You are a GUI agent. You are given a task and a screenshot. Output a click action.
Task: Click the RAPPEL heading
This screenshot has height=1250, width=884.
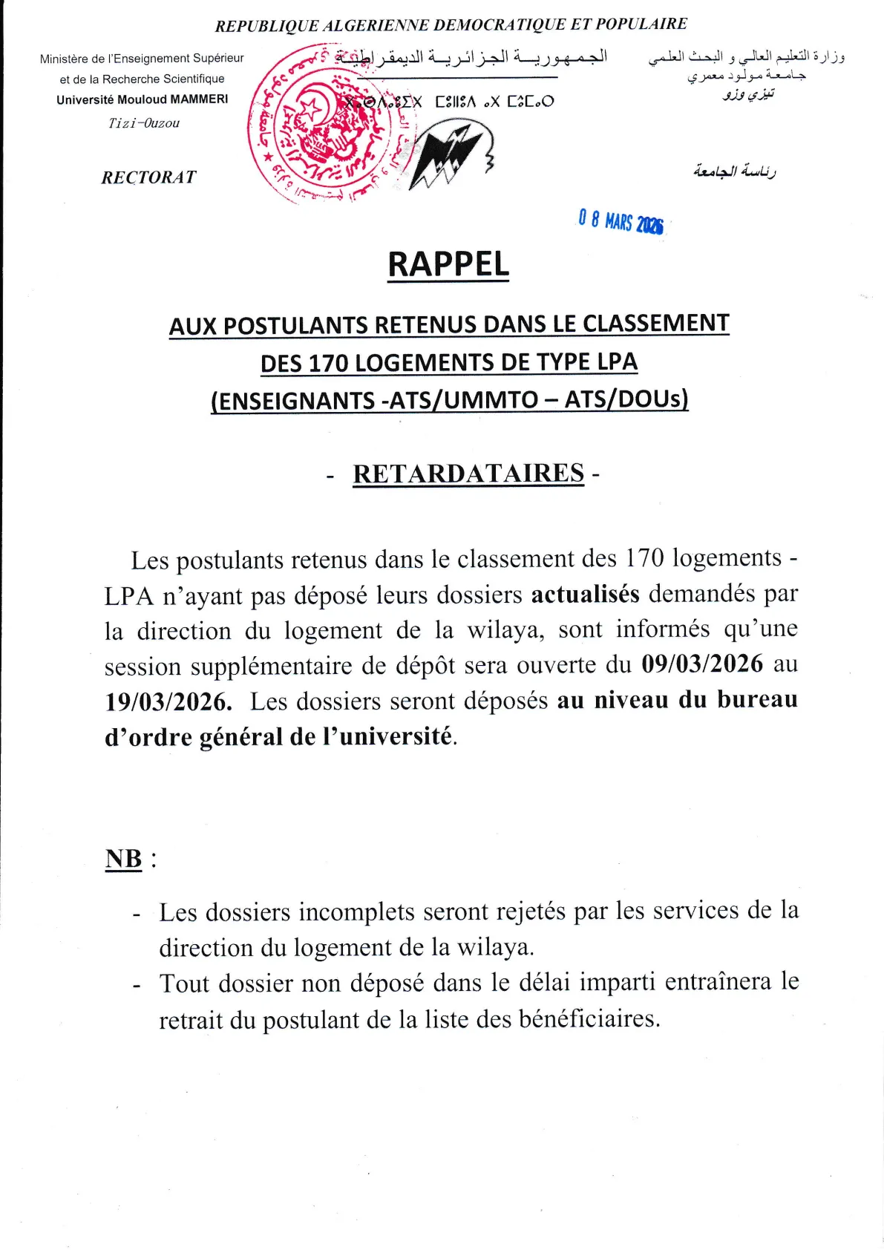448,265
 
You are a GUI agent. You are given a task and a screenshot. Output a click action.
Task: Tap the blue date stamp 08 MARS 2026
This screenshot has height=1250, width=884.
621,221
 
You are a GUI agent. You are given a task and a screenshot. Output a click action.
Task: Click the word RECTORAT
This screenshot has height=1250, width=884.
149,177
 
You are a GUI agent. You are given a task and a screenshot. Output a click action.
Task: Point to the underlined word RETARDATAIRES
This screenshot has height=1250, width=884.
468,474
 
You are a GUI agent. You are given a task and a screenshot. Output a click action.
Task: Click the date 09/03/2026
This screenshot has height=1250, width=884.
702,664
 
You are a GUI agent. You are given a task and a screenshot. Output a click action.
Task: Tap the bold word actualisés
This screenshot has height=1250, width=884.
585,594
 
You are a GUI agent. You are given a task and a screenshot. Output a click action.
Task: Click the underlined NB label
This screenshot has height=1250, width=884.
124,859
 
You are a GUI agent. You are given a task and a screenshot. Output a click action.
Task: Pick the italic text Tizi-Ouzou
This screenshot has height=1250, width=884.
144,123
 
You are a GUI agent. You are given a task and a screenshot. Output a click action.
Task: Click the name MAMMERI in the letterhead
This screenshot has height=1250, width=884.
200,99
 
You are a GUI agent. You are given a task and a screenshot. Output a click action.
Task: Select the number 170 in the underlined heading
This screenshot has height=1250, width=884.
328,363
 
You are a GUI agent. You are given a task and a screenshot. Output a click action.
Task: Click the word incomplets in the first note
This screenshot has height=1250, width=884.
356,912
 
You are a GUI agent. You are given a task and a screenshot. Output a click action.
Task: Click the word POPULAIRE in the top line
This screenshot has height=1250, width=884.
641,24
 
